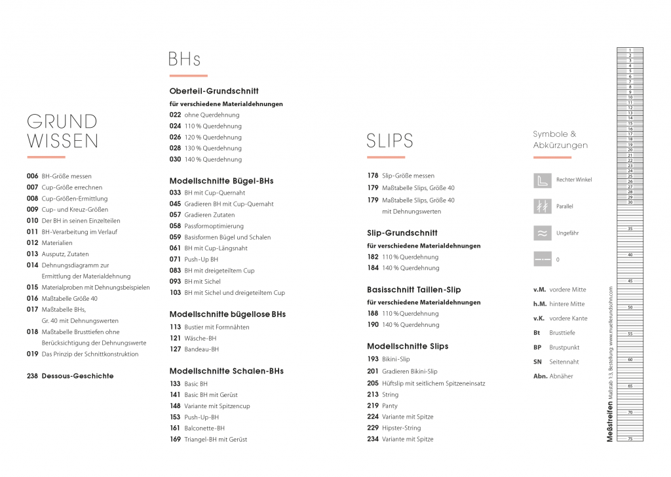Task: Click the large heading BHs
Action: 184,60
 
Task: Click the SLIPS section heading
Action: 390,141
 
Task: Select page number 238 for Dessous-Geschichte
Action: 32,376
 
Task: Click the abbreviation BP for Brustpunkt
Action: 537,347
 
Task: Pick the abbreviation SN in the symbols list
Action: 537,362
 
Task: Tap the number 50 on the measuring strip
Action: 630,307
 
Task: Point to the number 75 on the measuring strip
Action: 630,438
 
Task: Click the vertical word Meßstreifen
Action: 610,423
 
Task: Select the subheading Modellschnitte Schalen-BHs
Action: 226,371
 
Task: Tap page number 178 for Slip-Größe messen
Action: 372,176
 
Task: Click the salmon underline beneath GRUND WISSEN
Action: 46,157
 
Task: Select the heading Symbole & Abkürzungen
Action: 560,140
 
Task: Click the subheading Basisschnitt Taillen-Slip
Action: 413,290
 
